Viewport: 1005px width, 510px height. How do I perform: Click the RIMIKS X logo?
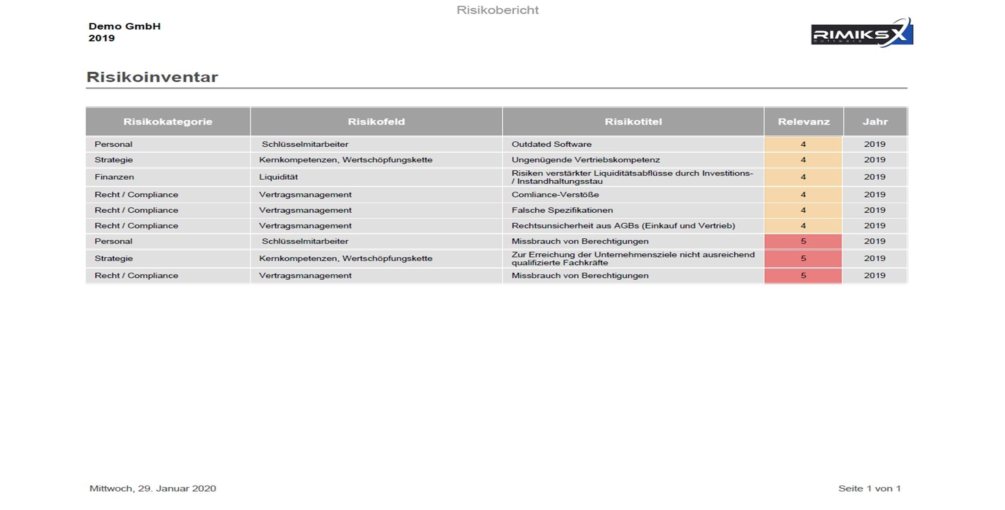(x=862, y=33)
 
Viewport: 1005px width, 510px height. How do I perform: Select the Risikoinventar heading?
(x=152, y=77)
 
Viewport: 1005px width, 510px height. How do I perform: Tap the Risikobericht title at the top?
(x=498, y=10)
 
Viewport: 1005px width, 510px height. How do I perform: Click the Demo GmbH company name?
(x=125, y=26)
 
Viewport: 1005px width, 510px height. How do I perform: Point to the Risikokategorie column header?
(x=168, y=122)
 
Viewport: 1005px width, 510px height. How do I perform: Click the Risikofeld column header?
(x=376, y=122)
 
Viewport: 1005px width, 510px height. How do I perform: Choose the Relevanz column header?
(x=803, y=122)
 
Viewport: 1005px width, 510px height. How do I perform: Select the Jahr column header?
(x=875, y=122)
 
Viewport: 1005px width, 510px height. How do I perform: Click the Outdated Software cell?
(x=551, y=144)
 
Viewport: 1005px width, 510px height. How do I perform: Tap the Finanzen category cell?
(x=114, y=177)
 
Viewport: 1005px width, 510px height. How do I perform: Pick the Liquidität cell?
(x=278, y=177)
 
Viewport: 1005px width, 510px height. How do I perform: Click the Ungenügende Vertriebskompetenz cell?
(x=585, y=160)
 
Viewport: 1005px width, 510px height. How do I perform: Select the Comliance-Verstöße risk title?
(x=555, y=194)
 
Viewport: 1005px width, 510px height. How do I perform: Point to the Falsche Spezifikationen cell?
(x=562, y=210)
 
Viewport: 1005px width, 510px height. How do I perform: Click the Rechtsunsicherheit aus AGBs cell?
(x=623, y=226)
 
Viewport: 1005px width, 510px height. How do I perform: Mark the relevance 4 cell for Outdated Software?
(x=803, y=144)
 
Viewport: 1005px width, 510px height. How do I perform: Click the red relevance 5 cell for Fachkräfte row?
(x=803, y=259)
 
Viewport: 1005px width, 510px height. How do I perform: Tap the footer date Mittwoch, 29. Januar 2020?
(x=153, y=489)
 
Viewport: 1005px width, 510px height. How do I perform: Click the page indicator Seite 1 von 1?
(x=869, y=489)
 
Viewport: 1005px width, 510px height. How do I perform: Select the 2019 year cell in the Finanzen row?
(x=874, y=177)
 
